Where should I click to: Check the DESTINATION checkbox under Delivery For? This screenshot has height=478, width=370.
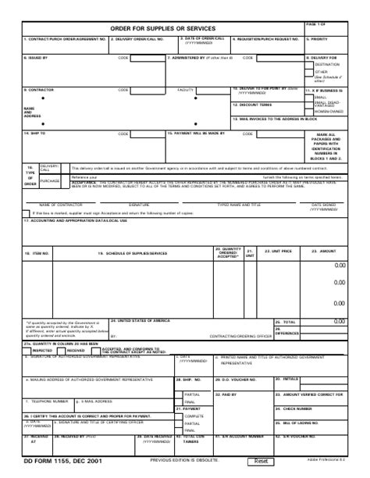pyautogui.click(x=310, y=65)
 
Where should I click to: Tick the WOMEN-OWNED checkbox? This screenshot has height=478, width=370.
pyautogui.click(x=310, y=111)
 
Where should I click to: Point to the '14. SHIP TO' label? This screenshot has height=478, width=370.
pyautogui.click(x=36, y=134)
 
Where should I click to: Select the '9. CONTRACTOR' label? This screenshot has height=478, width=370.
pyautogui.click(x=38, y=90)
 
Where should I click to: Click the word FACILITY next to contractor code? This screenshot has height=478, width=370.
pyautogui.click(x=186, y=90)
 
